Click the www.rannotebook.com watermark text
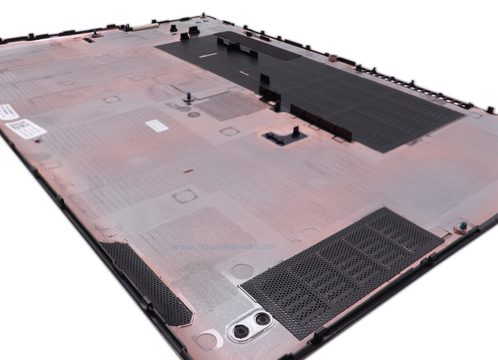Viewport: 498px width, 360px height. point(224,247)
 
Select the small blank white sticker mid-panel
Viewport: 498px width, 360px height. point(157,125)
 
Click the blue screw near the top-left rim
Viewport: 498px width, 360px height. point(95,33)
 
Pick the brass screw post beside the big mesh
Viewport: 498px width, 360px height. point(333,57)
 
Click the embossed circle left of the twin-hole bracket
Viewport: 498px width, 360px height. point(206,338)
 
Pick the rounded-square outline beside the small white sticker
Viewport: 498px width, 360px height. point(228,131)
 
